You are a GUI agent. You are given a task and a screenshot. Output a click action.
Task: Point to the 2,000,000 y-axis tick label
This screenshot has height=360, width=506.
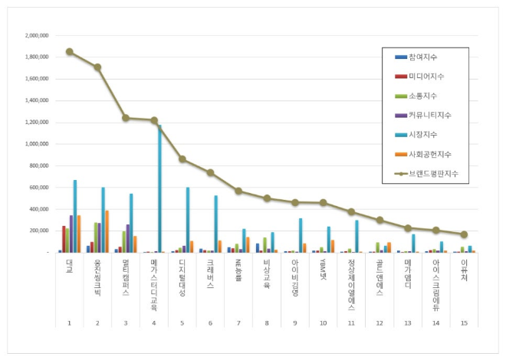pyautogui.click(x=38, y=35)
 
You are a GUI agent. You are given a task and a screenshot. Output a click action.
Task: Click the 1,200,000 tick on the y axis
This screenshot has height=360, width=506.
pyautogui.click(x=38, y=122)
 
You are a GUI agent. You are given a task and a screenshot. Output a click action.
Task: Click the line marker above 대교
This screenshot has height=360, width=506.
pyautogui.click(x=70, y=52)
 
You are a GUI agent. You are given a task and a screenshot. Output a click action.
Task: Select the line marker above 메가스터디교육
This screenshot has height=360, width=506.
pyautogui.click(x=154, y=120)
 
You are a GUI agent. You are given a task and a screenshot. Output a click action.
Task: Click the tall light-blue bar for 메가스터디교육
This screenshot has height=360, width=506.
pyautogui.click(x=159, y=188)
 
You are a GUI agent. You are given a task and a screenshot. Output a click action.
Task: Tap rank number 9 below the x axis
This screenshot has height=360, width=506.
pyautogui.click(x=295, y=323)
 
